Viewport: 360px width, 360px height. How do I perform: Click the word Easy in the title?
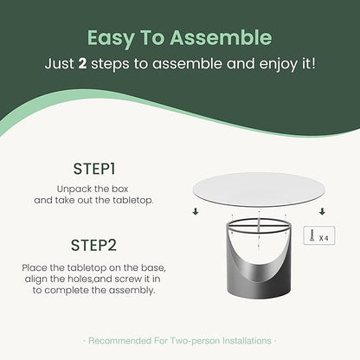tap(111, 38)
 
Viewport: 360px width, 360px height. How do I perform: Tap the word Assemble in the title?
tap(221, 37)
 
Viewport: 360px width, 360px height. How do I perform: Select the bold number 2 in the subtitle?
tap(82, 63)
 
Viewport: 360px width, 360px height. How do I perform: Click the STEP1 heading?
tap(94, 169)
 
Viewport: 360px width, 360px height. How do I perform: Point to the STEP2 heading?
tap(93, 246)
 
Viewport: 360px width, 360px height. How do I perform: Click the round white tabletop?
tap(259, 189)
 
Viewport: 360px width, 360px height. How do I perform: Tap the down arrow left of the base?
tap(196, 212)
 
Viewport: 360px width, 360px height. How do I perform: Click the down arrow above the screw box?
tap(322, 211)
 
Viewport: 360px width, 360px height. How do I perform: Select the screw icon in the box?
tap(312, 235)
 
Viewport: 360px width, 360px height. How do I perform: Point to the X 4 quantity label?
tap(324, 238)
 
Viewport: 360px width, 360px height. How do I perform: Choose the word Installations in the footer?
tap(247, 341)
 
